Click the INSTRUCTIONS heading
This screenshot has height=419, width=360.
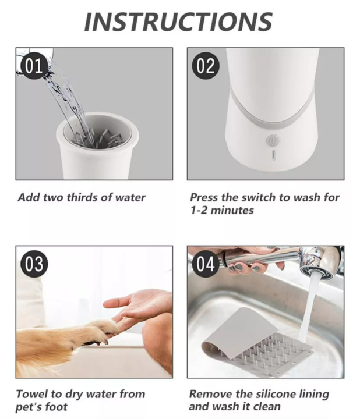[178, 22]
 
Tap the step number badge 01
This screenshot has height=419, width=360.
[34, 66]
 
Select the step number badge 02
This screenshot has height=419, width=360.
[206, 66]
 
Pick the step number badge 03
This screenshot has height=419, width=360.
[34, 264]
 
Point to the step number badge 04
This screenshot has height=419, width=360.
[206, 264]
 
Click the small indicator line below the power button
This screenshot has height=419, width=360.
[273, 154]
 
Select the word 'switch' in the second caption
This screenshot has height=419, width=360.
[259, 198]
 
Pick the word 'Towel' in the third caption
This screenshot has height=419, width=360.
[32, 395]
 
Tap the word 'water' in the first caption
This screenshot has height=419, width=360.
[130, 198]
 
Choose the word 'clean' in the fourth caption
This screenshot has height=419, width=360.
[267, 407]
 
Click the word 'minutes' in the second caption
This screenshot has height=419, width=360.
[232, 211]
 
